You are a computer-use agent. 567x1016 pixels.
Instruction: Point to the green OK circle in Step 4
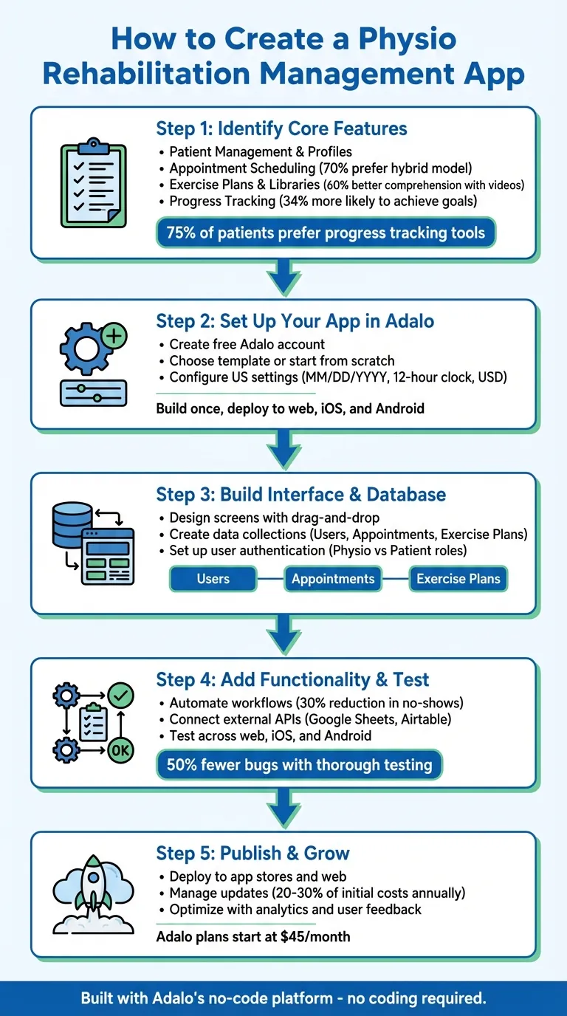click(x=120, y=751)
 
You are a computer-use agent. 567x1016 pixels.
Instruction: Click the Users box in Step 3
click(x=213, y=579)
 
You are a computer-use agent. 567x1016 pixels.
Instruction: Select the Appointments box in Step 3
click(x=333, y=579)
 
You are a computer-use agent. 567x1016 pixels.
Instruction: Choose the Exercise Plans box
click(x=458, y=579)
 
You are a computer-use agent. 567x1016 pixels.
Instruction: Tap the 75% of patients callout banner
click(x=326, y=233)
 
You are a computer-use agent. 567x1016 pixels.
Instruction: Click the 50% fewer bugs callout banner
click(x=299, y=765)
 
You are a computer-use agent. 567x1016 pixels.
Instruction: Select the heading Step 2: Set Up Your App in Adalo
click(x=295, y=321)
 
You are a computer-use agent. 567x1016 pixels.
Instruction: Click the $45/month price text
click(x=253, y=937)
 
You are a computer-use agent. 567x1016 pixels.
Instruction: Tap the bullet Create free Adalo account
click(x=247, y=344)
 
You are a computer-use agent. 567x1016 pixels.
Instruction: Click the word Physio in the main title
click(x=396, y=38)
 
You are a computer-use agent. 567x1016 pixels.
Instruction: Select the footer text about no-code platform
click(x=283, y=998)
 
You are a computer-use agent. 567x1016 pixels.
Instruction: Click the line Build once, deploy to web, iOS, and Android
click(x=290, y=408)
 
